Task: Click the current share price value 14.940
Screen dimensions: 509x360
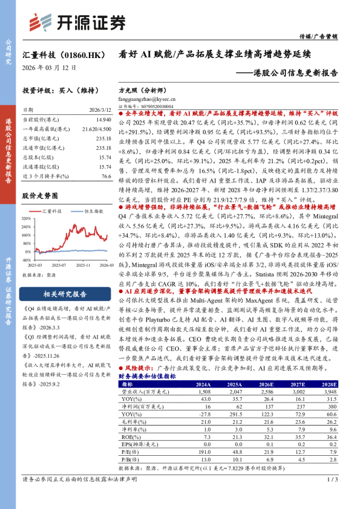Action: pyautogui.click(x=103, y=120)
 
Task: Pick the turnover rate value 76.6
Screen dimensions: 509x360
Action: pyautogui.click(x=106, y=175)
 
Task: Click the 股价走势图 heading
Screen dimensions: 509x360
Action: pyautogui.click(x=40, y=196)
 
